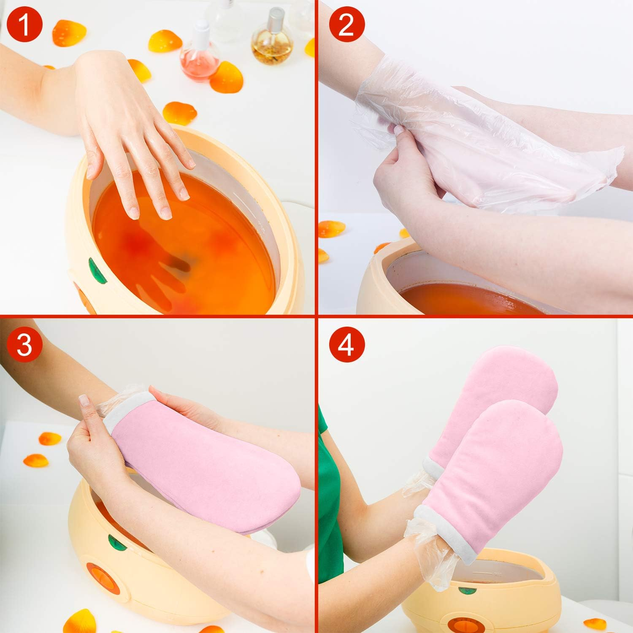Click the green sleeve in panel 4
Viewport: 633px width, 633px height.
tap(327, 485)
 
